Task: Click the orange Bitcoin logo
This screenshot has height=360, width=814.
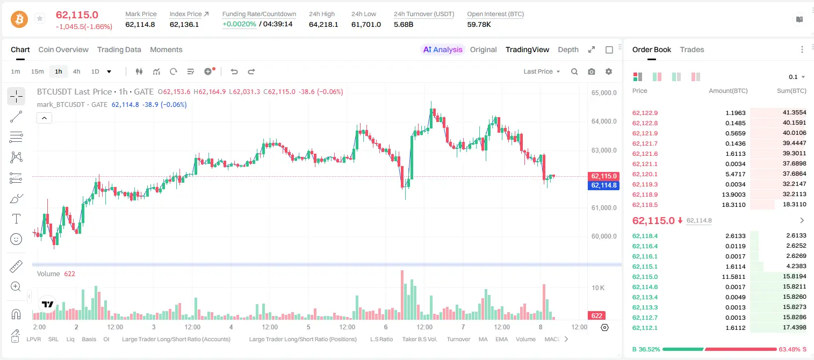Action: coord(19,19)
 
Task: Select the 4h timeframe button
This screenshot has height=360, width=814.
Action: coord(76,71)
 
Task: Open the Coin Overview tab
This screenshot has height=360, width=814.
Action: coord(63,50)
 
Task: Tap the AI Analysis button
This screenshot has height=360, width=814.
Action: coord(443,50)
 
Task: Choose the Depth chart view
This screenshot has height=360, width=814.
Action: coord(568,50)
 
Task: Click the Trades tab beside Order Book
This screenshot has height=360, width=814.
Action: coord(692,50)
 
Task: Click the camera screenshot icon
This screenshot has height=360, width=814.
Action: coord(592,71)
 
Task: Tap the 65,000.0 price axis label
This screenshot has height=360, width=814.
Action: coord(604,92)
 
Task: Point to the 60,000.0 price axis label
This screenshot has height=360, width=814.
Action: coord(604,236)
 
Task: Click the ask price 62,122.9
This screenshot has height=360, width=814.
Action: coord(645,113)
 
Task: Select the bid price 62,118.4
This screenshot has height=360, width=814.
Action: coord(645,236)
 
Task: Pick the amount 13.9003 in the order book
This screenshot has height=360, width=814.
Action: coord(733,195)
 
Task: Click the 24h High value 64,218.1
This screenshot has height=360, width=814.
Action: coord(323,24)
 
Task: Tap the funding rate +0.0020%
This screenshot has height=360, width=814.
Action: coord(239,24)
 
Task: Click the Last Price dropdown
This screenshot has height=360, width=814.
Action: coord(542,71)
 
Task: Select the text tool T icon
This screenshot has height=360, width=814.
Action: coord(16,219)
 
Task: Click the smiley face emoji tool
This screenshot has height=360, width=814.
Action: coord(16,239)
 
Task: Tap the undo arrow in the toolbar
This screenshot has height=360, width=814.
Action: coord(234,71)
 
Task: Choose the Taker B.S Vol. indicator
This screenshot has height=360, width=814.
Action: coord(419,339)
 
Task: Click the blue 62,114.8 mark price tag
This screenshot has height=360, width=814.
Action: coord(603,185)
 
